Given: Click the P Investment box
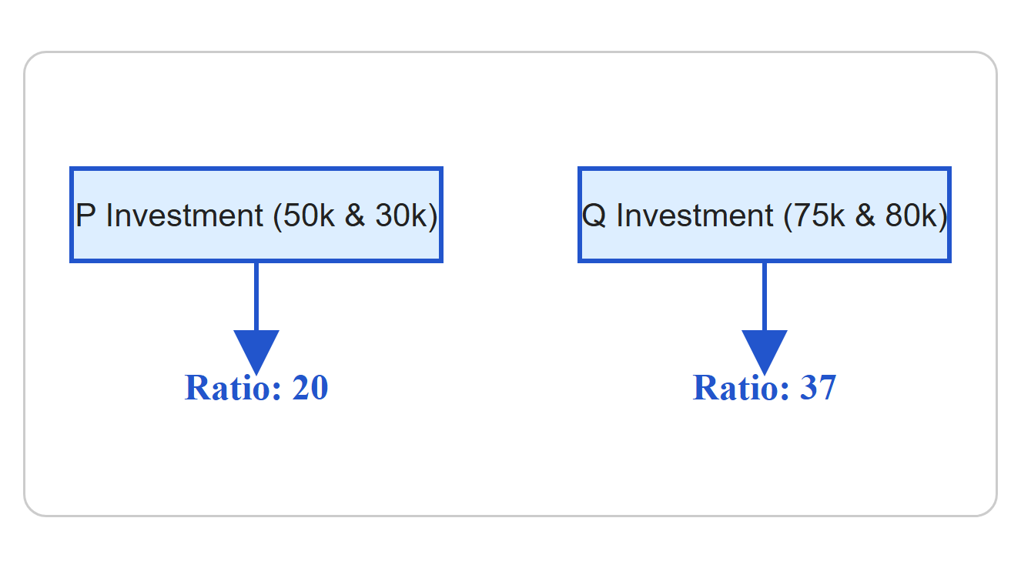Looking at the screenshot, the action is coord(256,215).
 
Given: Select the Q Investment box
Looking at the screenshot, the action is coord(765,215).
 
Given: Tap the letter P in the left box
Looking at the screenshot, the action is coord(85,216).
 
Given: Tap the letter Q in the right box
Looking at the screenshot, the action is coord(594,216).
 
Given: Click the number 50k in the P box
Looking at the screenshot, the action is coord(309,216).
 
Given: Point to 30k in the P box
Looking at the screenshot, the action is coord(400,216).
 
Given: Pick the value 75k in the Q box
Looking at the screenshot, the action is coord(819,216).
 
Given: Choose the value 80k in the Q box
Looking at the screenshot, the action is coord(911,216).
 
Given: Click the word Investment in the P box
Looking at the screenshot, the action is coord(185,216).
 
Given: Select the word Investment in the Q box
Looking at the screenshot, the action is coord(695,216).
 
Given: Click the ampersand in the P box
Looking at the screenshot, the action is coord(355,216).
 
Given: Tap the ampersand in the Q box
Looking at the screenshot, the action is coord(865,216).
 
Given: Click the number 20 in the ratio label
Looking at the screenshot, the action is coord(310,388).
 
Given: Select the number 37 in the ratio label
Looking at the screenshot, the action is coord(818,388).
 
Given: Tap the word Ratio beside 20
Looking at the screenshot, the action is coord(233,388).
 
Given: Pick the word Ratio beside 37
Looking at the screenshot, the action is coord(741,388).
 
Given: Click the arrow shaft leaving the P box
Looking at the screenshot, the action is coord(256,296).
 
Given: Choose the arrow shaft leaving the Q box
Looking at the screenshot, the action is coord(765,296).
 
